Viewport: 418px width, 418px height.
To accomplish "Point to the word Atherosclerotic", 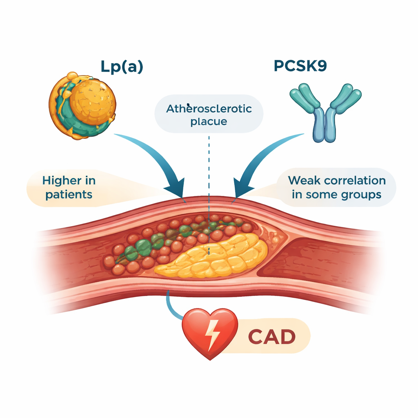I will [x=209, y=109].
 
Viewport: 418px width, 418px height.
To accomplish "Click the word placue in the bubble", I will [x=209, y=122].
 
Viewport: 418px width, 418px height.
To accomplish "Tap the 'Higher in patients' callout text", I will [x=69, y=187].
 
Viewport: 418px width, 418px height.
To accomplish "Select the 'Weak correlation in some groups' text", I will [x=336, y=187].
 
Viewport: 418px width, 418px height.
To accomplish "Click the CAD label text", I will [x=271, y=337].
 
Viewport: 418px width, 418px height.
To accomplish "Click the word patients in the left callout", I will [x=69, y=194].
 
